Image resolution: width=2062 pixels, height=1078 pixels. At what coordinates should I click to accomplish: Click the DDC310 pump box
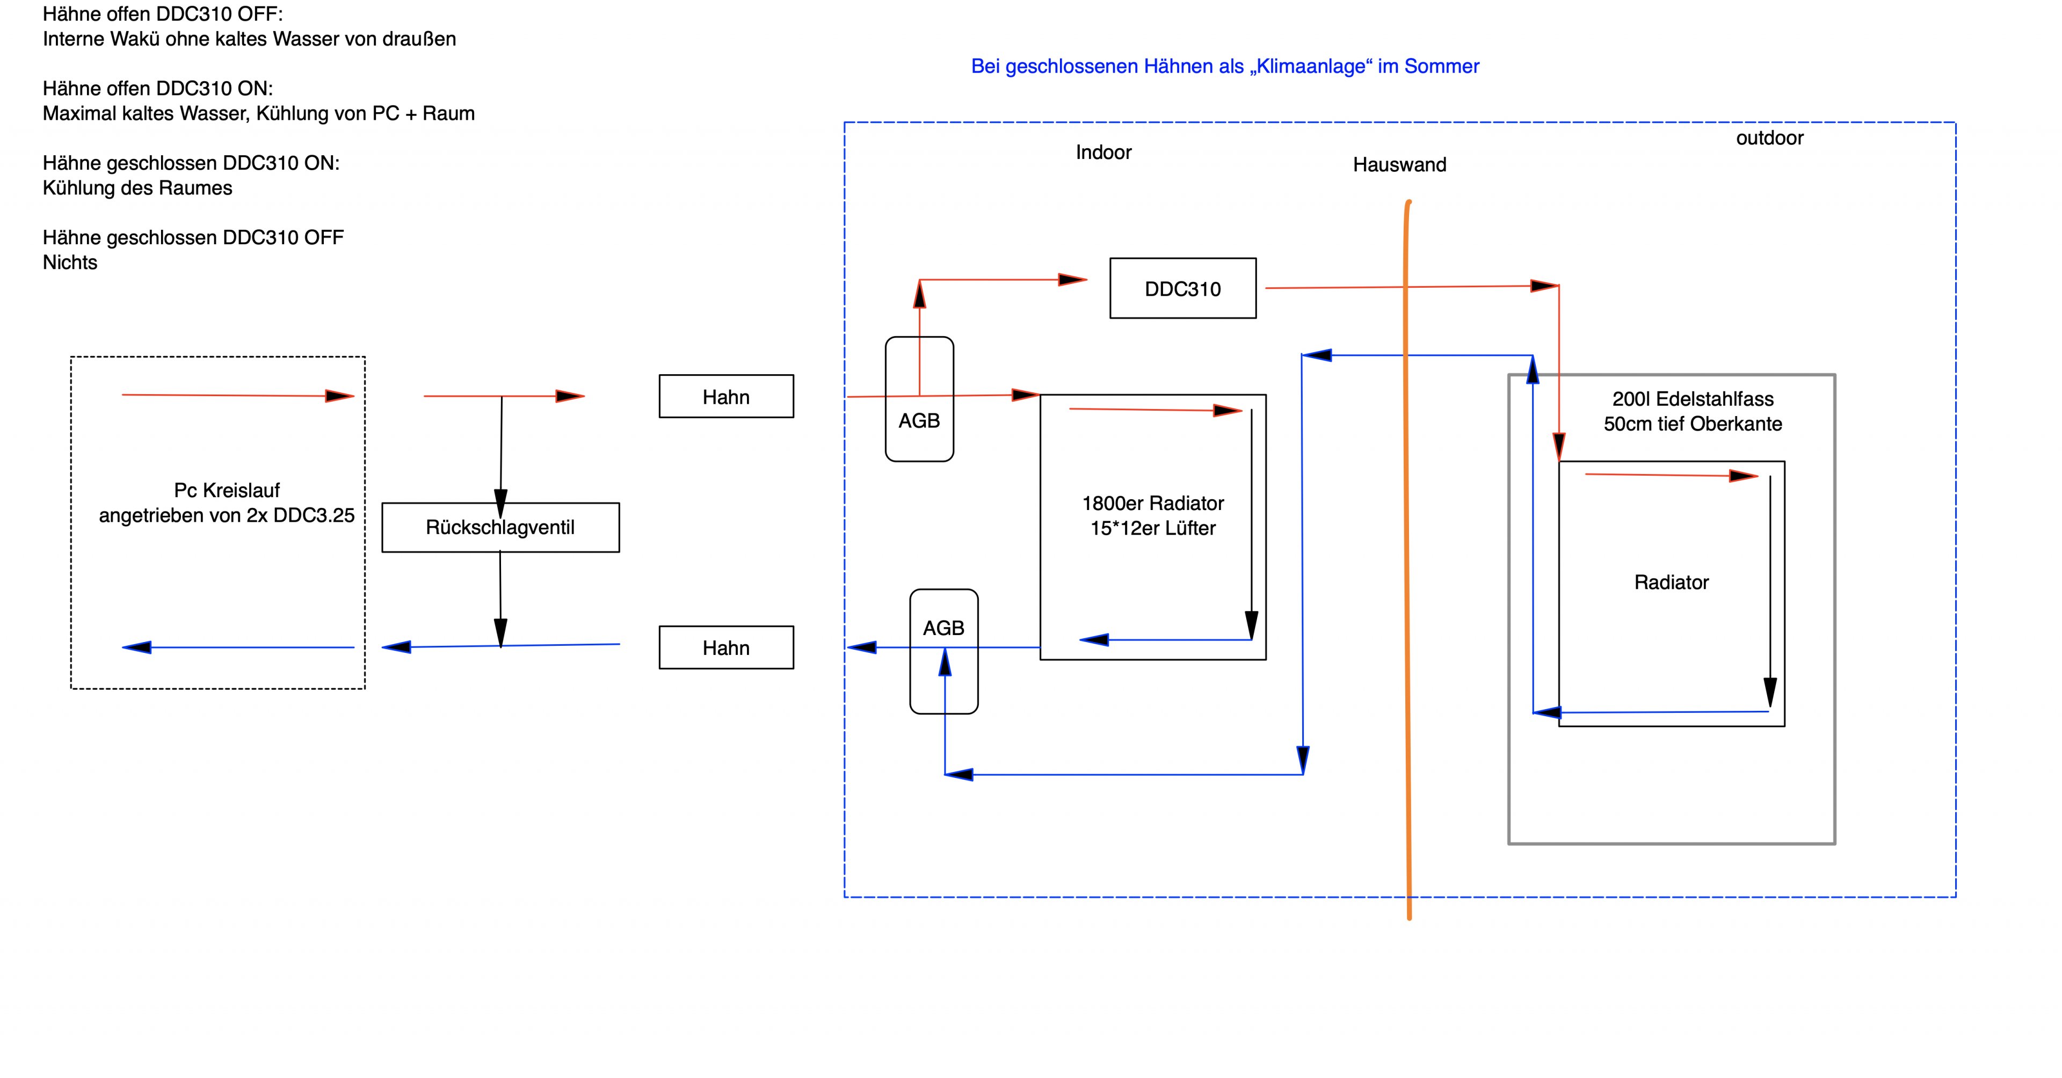point(1182,288)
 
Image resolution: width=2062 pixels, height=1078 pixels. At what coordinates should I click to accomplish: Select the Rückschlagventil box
point(500,527)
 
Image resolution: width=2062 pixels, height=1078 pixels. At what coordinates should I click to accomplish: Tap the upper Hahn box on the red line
point(726,396)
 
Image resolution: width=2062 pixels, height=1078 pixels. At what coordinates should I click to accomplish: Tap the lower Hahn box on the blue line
point(726,647)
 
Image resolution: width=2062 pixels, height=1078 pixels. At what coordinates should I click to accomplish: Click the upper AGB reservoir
point(919,420)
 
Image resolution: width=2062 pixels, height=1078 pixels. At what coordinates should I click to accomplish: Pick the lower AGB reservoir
point(944,628)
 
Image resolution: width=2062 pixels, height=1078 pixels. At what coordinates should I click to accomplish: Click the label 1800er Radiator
point(1153,504)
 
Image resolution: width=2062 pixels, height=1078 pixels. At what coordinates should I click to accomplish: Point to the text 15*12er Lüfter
point(1153,528)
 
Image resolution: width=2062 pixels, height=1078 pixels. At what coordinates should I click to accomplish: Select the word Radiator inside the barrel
point(1672,582)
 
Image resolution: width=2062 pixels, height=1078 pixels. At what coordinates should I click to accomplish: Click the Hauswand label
point(1399,165)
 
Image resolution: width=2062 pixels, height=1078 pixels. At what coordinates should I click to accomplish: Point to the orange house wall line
point(1408,560)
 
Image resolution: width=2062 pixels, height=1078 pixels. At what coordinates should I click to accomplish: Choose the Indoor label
point(1103,152)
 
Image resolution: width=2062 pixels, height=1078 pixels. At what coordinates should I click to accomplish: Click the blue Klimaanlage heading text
point(1225,67)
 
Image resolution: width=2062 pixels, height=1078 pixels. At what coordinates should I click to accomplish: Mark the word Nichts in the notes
point(70,263)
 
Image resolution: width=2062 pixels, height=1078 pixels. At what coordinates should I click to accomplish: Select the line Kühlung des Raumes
point(137,188)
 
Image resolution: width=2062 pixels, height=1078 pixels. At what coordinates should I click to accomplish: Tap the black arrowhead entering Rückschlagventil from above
point(501,502)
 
